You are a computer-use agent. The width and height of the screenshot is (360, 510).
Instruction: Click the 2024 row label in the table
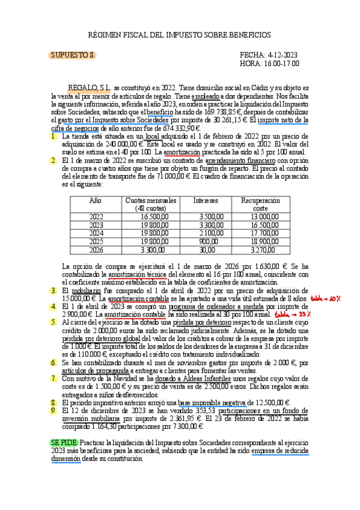96,233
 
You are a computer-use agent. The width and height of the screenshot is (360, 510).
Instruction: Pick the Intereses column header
206,200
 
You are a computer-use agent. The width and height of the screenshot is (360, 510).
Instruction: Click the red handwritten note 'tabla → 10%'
326,298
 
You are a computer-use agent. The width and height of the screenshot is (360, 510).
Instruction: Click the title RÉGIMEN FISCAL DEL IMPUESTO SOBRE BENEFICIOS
180,35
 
